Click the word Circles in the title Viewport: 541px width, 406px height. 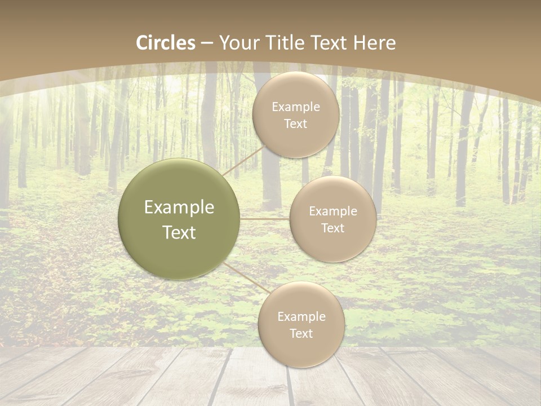point(166,43)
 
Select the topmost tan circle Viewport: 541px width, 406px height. point(295,115)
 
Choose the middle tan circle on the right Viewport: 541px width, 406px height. point(332,219)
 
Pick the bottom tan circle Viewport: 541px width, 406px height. point(301,325)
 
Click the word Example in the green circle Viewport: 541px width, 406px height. point(179,208)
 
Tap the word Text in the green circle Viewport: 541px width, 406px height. point(179,232)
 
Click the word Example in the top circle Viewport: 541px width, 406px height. point(295,107)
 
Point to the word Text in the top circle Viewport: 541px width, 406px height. point(295,124)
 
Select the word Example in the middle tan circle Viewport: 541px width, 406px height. point(332,211)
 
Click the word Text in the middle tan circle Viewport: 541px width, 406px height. point(332,228)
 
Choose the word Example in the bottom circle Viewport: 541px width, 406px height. point(301,317)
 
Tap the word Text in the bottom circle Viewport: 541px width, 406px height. point(301,334)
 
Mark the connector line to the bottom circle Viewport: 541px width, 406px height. point(247,277)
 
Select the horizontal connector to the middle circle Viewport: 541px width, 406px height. point(264,219)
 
